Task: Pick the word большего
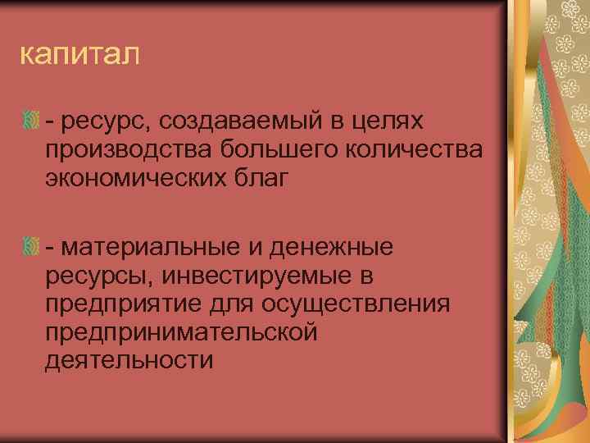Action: coord(270,151)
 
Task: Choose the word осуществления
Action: coord(357,304)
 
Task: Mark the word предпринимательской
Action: coord(182,331)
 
